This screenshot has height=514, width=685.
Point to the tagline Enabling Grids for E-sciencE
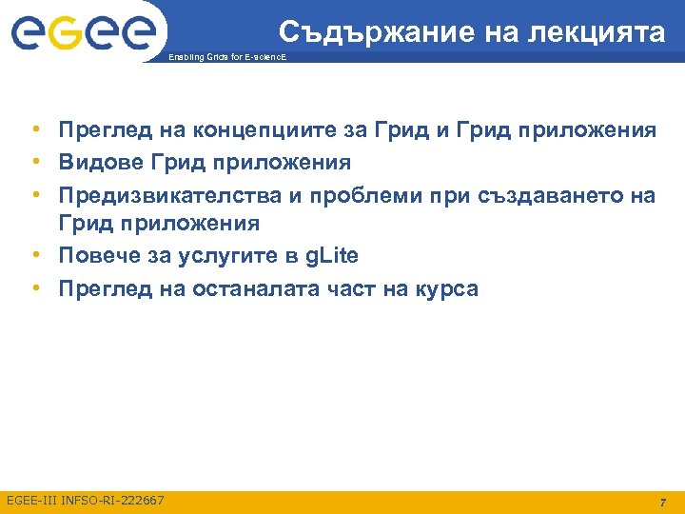[x=225, y=59]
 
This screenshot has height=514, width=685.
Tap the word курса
[x=445, y=288]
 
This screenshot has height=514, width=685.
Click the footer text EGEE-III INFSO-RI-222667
[x=86, y=500]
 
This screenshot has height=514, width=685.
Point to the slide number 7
[x=664, y=502]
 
